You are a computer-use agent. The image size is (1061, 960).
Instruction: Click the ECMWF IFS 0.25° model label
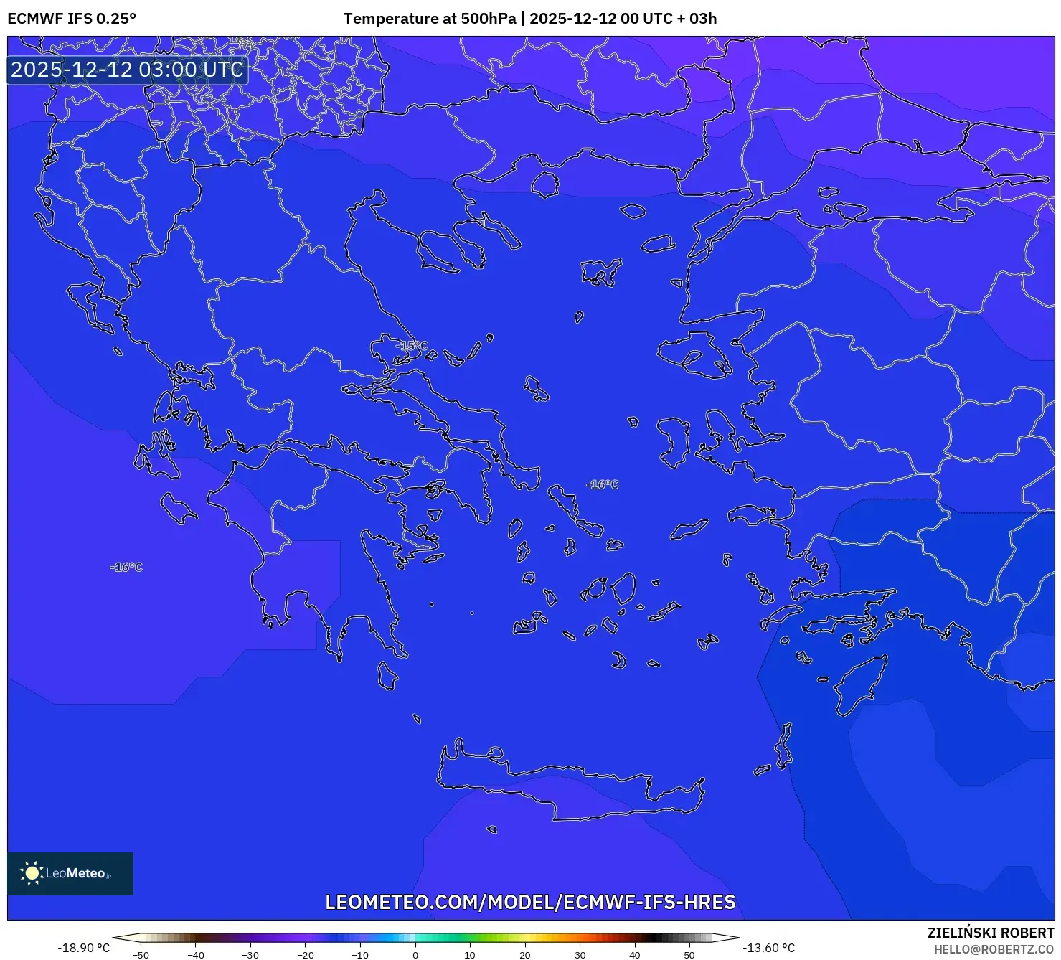coord(72,19)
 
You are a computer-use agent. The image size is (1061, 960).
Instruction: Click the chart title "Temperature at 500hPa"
coord(429,19)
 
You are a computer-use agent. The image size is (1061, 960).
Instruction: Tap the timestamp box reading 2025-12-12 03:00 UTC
coord(127,70)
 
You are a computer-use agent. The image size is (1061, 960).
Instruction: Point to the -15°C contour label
coord(412,346)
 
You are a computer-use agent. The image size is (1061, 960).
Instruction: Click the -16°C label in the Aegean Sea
coord(602,485)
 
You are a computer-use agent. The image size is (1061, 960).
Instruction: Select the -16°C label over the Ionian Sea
coord(126,568)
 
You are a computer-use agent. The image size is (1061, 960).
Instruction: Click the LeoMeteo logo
coord(70,873)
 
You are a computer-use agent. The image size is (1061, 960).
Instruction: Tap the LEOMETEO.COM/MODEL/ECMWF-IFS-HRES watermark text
coord(530,902)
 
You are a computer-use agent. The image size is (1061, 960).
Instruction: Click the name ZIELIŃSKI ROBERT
coord(990,933)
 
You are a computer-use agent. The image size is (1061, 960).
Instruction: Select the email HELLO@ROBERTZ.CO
coord(993,949)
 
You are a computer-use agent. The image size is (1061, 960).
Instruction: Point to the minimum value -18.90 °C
coord(83,948)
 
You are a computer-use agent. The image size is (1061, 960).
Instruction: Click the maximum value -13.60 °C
coord(768,948)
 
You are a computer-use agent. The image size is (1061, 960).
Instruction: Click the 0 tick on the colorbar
coord(415,955)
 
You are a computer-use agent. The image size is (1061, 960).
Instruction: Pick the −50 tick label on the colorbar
coord(141,955)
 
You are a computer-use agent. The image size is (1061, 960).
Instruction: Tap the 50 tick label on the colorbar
coord(689,955)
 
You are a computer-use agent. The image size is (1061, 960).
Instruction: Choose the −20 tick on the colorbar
coord(305,955)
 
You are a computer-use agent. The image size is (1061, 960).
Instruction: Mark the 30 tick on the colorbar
coord(580,955)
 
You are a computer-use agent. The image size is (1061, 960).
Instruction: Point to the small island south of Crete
coord(492,829)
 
